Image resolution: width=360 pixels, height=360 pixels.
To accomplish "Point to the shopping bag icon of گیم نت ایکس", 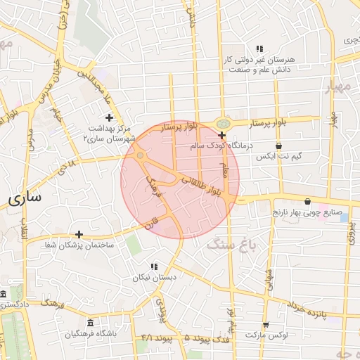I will tap(279, 146).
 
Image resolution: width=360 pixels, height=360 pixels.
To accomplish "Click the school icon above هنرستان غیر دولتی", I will tap(259, 49).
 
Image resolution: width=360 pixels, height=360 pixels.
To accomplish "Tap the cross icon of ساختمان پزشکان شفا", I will tap(79, 234).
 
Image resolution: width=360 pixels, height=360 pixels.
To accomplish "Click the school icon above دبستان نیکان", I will tap(154, 266).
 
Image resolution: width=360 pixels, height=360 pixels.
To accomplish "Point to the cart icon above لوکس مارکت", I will tap(265, 325).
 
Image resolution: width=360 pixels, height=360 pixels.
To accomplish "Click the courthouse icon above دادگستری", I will tap(4, 293).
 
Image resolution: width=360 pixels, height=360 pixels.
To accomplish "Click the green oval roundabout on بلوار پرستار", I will tap(222, 122).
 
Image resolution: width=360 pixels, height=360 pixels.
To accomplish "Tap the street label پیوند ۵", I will tap(198, 338).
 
